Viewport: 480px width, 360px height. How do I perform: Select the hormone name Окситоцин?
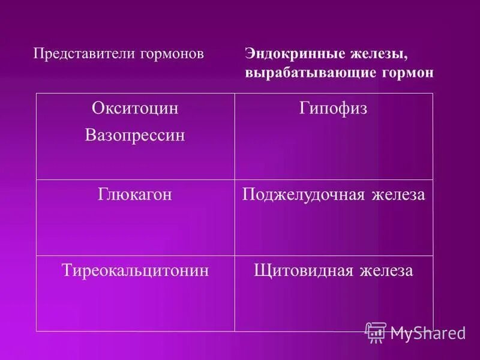coord(135,109)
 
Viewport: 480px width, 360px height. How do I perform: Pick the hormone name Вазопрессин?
coord(135,136)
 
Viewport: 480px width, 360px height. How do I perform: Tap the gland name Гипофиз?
coord(333,109)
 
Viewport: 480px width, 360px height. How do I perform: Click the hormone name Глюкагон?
coord(135,195)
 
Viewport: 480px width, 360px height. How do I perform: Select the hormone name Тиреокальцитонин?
coord(135,271)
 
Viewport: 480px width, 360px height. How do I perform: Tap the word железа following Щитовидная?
coord(387,271)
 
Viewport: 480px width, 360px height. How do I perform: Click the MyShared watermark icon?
coord(376,332)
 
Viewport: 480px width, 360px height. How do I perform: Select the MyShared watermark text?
coord(428,333)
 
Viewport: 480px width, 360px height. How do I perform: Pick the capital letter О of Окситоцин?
coord(98,109)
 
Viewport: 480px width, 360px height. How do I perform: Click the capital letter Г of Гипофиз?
coord(303,109)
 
